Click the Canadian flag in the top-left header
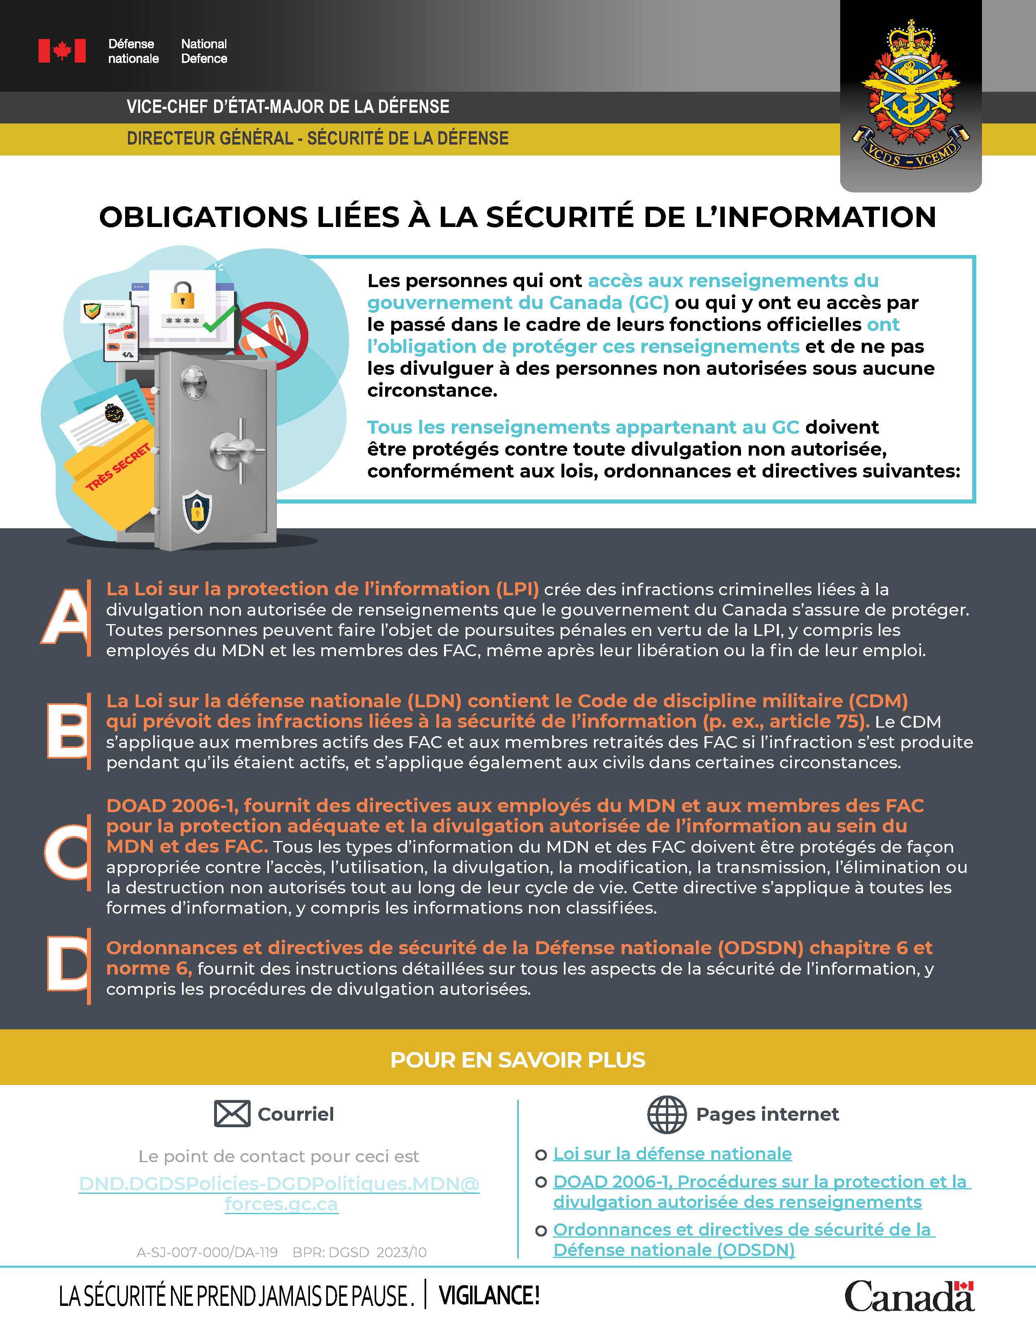62,51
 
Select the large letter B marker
67,730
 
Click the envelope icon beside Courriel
232,1113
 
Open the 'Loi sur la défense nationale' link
672,1154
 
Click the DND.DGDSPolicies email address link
279,1193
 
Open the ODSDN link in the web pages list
743,1239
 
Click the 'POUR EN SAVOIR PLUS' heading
517,1059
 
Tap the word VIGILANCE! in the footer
489,1295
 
